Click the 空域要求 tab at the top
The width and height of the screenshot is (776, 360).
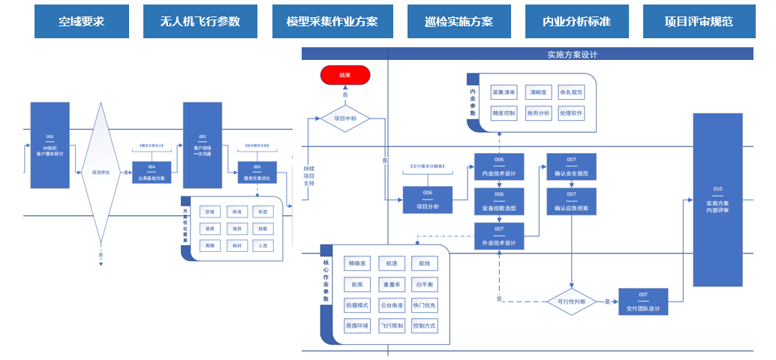[81, 21]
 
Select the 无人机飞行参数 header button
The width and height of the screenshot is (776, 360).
[200, 21]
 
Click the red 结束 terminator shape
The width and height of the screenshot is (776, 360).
[345, 75]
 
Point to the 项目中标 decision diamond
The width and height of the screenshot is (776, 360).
[345, 118]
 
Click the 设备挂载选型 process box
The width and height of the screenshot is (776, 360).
[499, 201]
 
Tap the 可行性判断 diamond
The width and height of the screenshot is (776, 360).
[572, 301]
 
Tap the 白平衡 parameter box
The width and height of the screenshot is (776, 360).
[424, 284]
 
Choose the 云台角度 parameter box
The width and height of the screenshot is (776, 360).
[391, 305]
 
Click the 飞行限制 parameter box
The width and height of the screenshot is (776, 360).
[391, 326]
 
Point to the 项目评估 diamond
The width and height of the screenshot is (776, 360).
[101, 172]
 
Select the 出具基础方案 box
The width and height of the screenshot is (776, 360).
[152, 172]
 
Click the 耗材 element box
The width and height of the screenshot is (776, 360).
[237, 245]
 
